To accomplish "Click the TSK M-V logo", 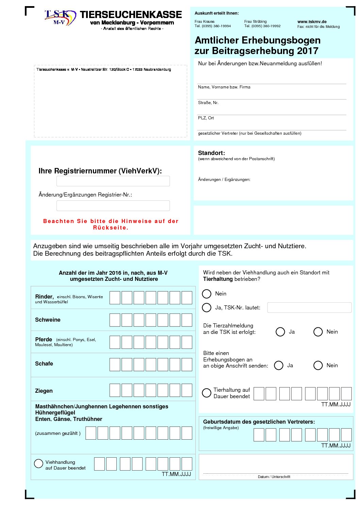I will tap(60, 18).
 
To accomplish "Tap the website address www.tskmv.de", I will tap(312, 21).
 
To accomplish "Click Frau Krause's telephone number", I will tap(213, 26).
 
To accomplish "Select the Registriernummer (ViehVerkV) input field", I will tap(113, 181).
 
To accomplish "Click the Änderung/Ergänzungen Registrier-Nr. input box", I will tap(113, 205).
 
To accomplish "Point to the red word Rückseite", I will tap(111, 228).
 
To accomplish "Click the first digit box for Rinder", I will tap(115, 298).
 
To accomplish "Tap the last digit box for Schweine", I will tap(187, 320).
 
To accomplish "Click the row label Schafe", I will tap(44, 363).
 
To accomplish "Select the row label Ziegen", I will tap(44, 391).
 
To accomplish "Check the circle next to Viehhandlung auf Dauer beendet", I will tap(38, 463).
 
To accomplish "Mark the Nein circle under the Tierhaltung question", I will tap(207, 293).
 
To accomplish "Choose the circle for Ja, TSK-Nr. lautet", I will tap(207, 307).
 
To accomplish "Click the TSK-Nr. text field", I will tap(309, 307).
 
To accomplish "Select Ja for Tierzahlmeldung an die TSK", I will tap(280, 332).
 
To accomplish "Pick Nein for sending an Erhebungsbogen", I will tap(318, 365).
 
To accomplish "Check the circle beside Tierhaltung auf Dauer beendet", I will tap(207, 393).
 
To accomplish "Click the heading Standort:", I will tap(211, 153).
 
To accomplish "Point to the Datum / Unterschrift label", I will tap(274, 477).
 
